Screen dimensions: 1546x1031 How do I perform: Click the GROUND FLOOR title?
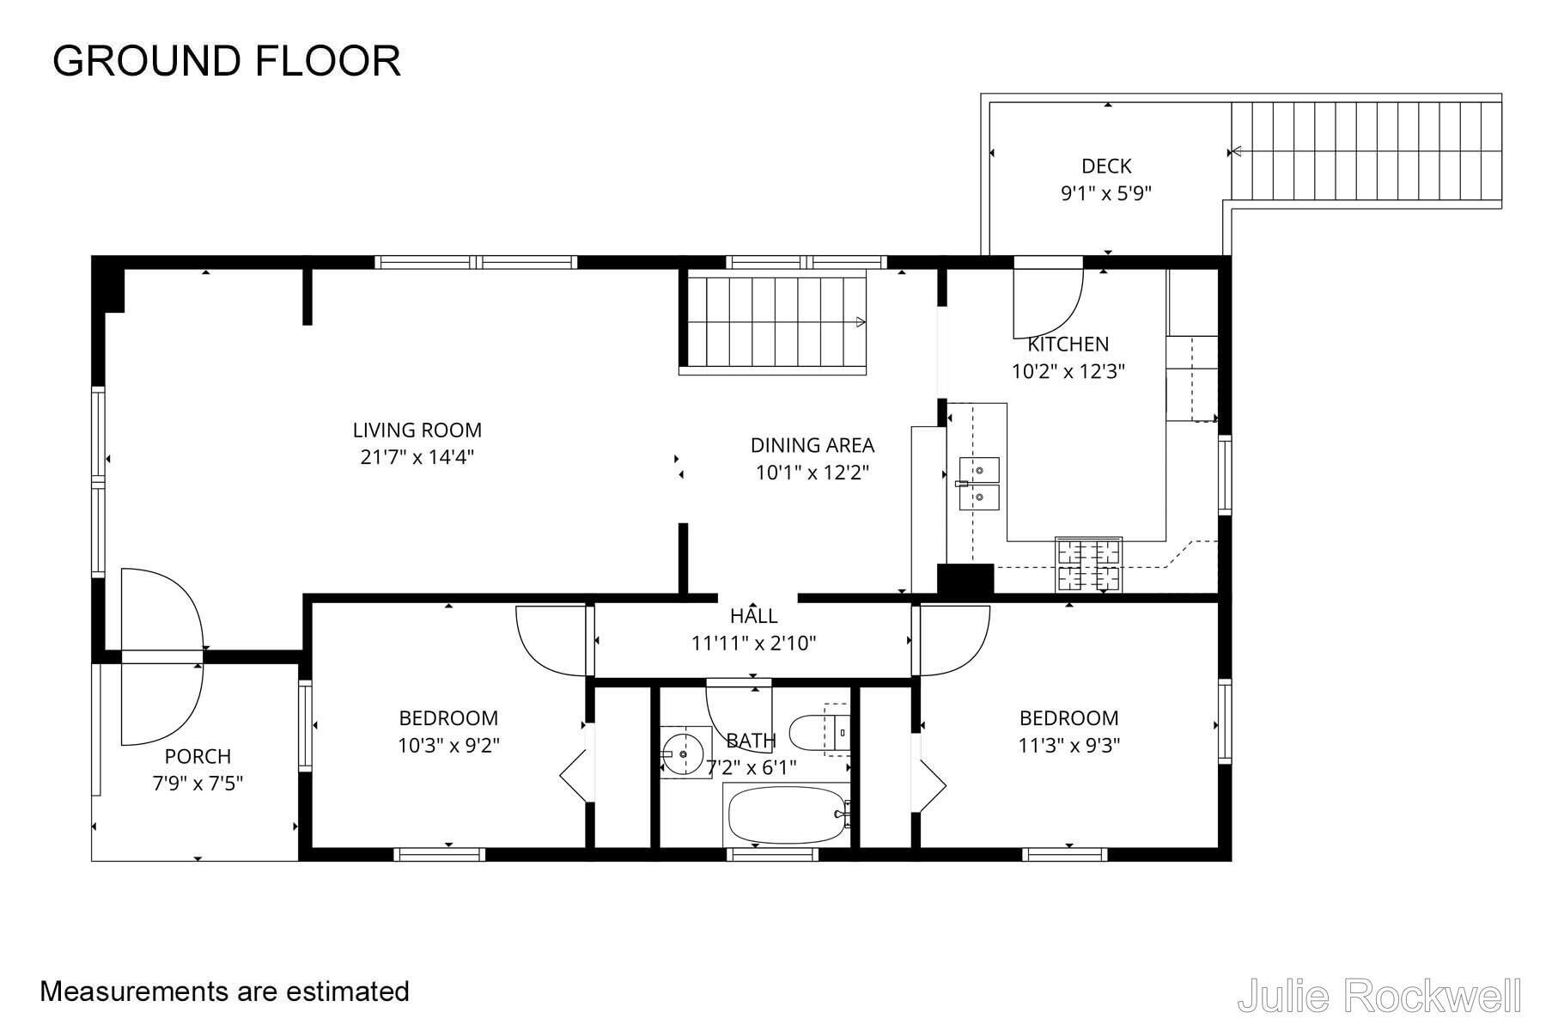pos(227,61)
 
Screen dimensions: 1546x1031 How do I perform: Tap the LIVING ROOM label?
pos(417,430)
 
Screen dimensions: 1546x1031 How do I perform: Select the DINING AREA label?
pos(813,445)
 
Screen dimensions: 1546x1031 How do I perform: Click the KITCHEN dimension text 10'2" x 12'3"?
pos(1068,371)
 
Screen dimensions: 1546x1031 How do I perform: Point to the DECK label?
pos(1106,166)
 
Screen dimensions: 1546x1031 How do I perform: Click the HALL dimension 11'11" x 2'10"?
pos(754,643)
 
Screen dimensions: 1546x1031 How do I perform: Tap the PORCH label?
pos(198,756)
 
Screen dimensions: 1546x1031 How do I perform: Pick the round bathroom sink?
pos(685,752)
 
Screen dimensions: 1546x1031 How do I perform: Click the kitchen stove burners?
pos(1088,564)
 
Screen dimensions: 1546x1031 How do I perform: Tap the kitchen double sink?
pos(979,484)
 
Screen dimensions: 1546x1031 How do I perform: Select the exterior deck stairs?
pos(1366,151)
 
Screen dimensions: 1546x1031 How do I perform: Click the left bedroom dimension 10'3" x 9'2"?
pos(448,745)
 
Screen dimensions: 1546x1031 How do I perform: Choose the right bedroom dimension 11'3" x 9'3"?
pos(1069,745)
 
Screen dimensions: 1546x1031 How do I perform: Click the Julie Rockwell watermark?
pos(1379,996)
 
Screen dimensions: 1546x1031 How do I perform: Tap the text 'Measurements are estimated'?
pos(225,991)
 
